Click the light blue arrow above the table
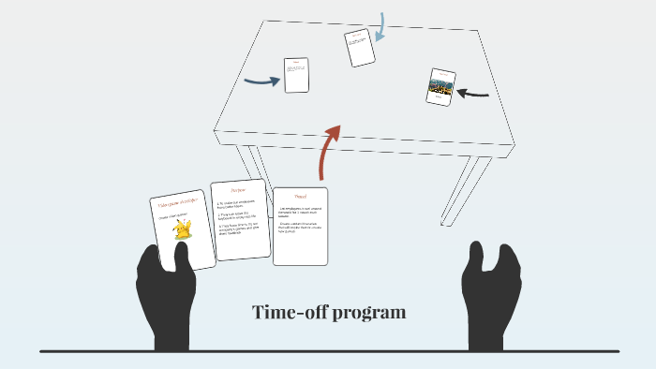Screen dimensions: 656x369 click(381, 28)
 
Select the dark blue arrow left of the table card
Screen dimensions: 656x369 click(262, 81)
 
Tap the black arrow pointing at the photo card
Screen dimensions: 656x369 click(475, 93)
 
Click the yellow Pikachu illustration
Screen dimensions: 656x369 click(183, 230)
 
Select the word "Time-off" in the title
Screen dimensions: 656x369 click(285, 312)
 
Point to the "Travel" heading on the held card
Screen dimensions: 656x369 click(300, 196)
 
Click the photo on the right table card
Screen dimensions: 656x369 click(440, 88)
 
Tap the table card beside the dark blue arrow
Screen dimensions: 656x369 click(296, 76)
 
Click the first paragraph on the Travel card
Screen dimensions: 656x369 click(300, 212)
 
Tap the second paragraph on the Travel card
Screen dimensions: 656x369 click(300, 228)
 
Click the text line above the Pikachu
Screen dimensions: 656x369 click(175, 214)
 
